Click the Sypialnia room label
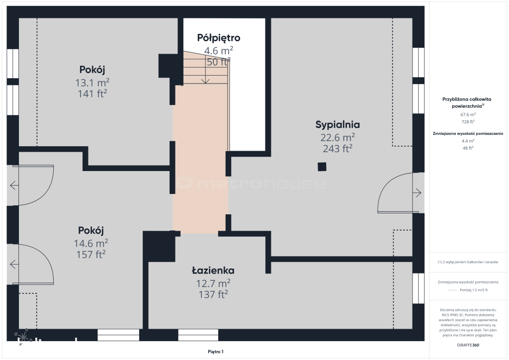(x=338, y=125)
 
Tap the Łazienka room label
(x=213, y=270)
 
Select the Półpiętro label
(x=219, y=38)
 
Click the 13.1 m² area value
(x=92, y=83)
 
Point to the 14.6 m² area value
(x=91, y=243)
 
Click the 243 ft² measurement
(x=338, y=148)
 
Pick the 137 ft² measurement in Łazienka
(x=213, y=294)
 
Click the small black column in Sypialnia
(x=322, y=167)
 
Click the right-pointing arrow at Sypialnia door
(x=417, y=193)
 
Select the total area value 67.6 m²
(x=468, y=114)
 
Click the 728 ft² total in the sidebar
(x=468, y=122)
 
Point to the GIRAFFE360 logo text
(x=468, y=345)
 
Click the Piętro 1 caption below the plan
(x=216, y=352)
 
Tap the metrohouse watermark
(x=251, y=183)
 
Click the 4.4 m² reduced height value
(x=468, y=141)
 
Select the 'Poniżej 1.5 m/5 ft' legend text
(x=474, y=290)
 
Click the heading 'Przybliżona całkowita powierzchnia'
(x=467, y=102)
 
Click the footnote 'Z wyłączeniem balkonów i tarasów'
(x=468, y=262)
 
